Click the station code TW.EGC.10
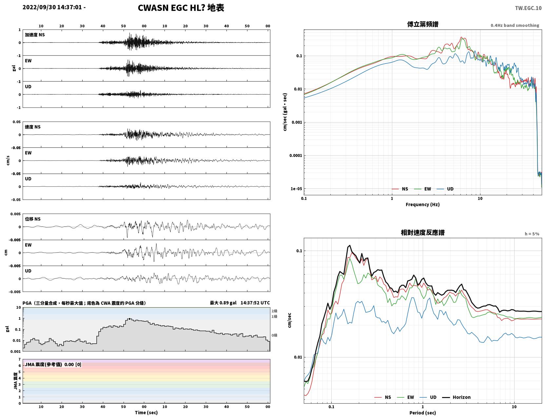528,8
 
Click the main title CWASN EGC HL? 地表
181,8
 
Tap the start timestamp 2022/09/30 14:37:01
52,7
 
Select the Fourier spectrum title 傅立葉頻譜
423,24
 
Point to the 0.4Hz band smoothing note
515,25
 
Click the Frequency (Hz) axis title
423,204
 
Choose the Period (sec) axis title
423,413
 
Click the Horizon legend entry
457,397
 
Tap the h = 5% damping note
532,234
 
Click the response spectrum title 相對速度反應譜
423,233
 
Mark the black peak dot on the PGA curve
129,319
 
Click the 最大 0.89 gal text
223,303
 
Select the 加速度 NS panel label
35,35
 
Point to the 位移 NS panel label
32,219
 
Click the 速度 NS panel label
32,127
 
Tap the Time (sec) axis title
146,412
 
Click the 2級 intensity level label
274,311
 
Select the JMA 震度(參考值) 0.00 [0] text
53,364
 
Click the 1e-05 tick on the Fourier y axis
296,189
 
